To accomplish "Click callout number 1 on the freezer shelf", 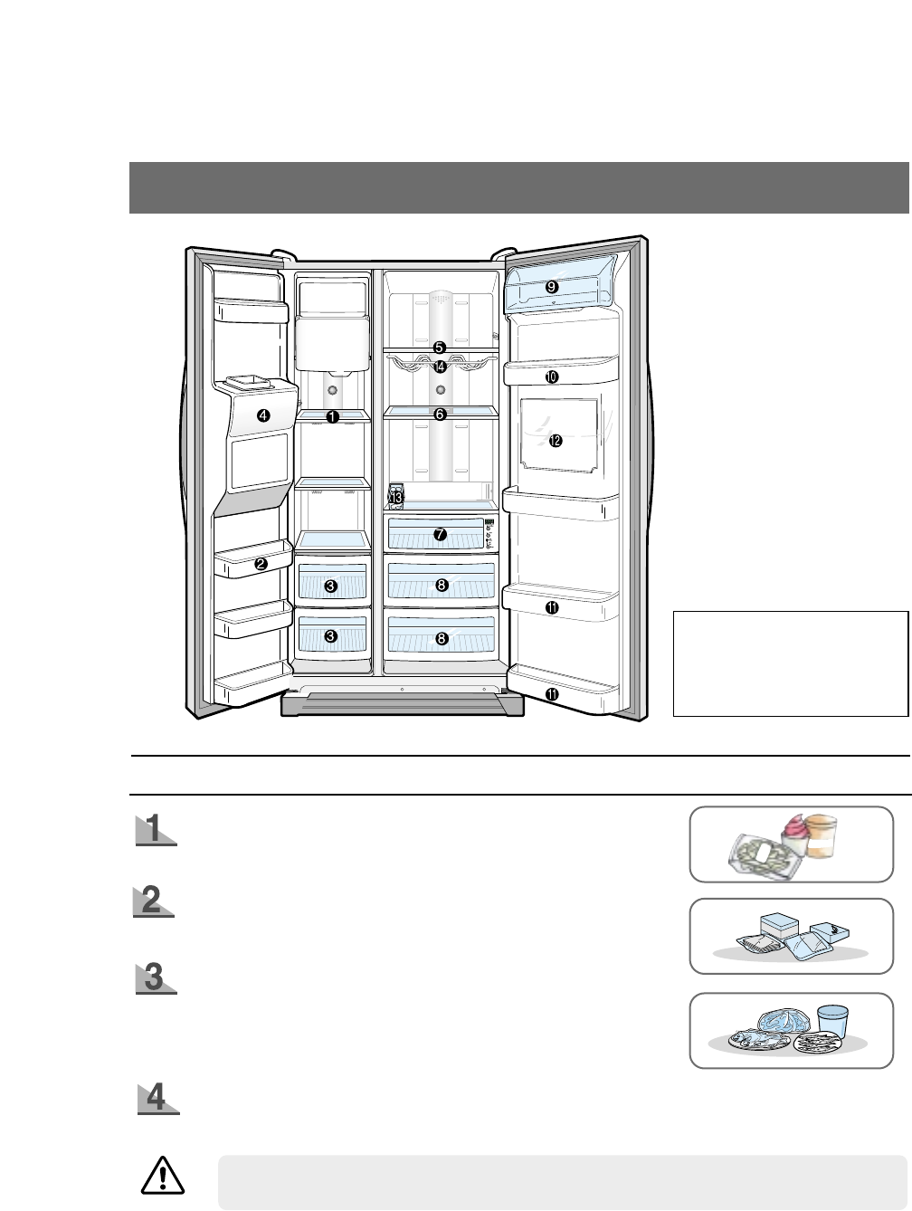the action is tap(332, 416).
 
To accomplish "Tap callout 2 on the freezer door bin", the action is tap(261, 564).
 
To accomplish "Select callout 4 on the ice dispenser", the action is tap(262, 416).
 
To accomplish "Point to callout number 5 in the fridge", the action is tap(439, 347).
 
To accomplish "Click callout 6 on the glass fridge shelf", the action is tap(440, 414).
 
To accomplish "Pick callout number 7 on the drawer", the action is tap(440, 534).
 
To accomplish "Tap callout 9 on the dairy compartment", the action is tap(551, 286).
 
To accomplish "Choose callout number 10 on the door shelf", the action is tap(551, 376).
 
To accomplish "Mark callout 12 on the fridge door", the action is tap(555, 441).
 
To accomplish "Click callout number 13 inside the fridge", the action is tap(395, 497).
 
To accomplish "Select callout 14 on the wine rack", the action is tap(440, 367).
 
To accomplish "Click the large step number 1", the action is tap(155, 829).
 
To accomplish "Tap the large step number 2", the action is tap(153, 901).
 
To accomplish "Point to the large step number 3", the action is tap(155, 977).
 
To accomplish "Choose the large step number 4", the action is tap(157, 1097).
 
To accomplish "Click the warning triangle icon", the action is tap(163, 1176).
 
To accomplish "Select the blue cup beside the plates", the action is tap(831, 1022).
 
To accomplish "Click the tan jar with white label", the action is tap(822, 835).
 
